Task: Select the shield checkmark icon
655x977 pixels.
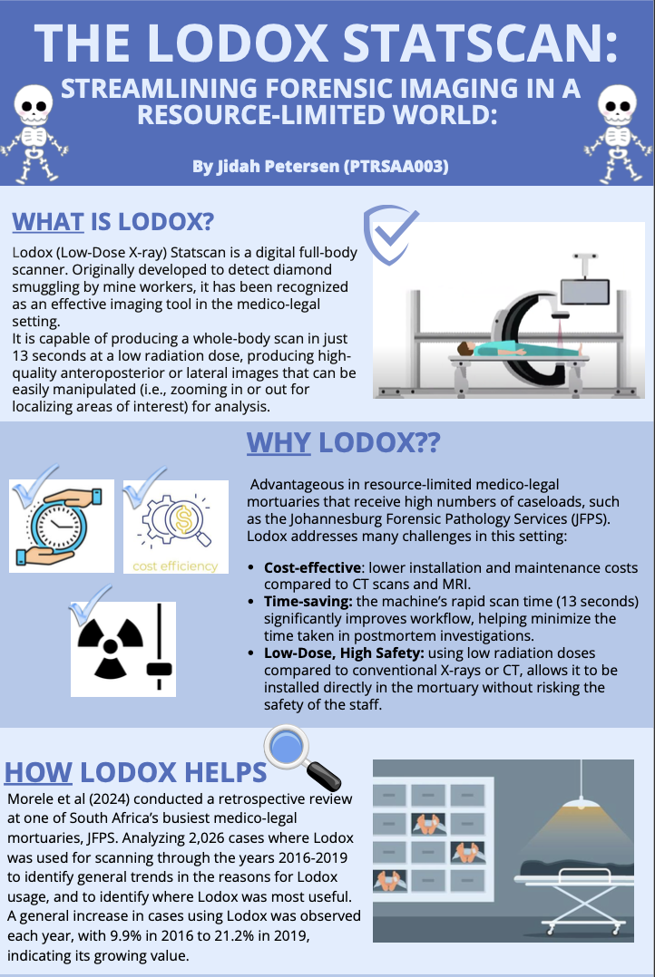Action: pyautogui.click(x=390, y=234)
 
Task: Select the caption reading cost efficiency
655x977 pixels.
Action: pyautogui.click(x=176, y=566)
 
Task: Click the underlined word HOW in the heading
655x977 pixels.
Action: pyautogui.click(x=38, y=772)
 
